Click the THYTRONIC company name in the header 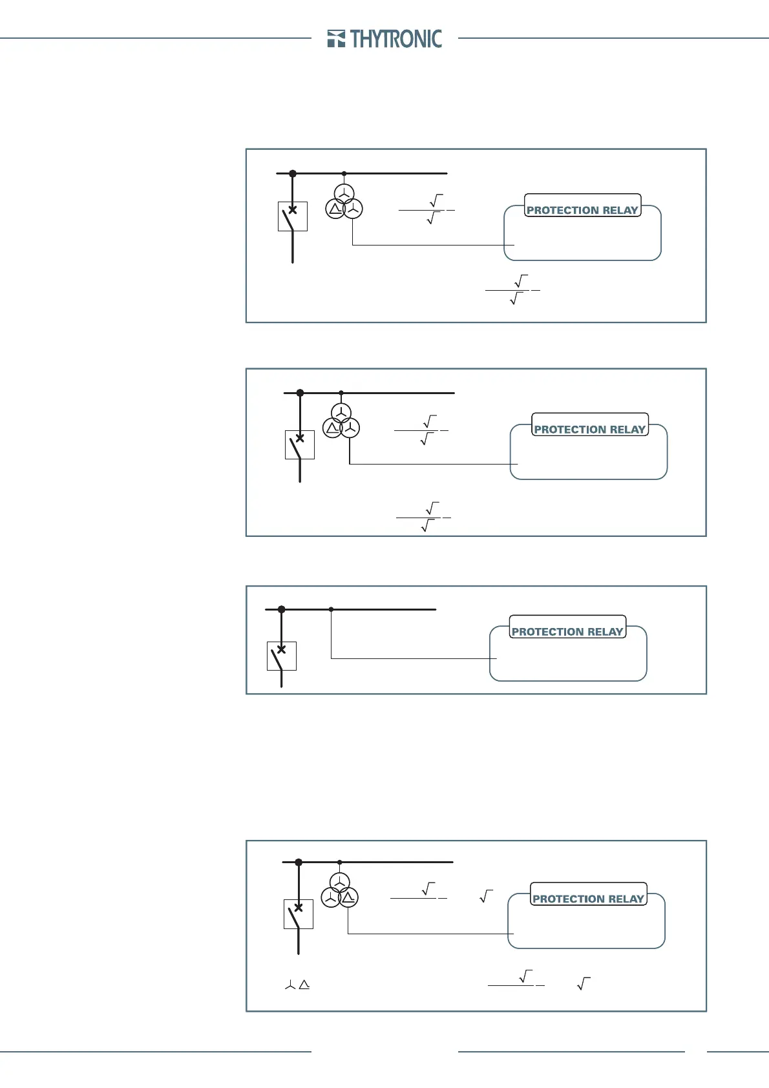[396, 39]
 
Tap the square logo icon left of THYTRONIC [335, 39]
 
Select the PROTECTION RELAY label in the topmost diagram [582, 210]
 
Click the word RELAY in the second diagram [627, 429]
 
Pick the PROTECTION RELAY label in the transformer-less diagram [567, 631]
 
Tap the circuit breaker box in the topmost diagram [293, 216]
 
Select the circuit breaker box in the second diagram [300, 445]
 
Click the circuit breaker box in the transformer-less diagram [282, 656]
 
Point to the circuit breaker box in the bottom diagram [299, 914]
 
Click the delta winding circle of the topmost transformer [335, 209]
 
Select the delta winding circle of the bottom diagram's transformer [348, 897]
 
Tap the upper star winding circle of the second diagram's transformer [341, 412]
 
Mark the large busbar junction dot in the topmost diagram [293, 173]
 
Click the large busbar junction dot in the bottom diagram [299, 862]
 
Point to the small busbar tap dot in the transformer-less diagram [332, 609]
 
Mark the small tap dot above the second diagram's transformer [341, 393]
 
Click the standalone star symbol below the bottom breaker [290, 985]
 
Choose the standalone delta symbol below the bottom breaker [304, 985]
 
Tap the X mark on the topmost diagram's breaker [293, 209]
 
